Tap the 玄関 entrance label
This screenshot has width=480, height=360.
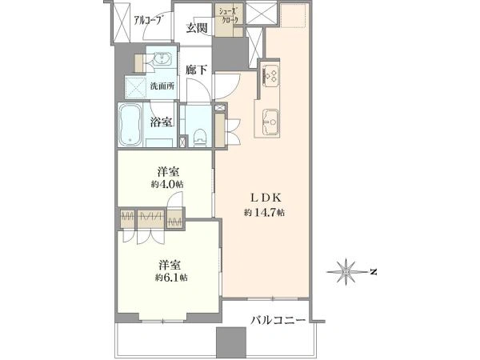(x=197, y=28)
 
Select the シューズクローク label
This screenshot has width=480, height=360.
(x=229, y=16)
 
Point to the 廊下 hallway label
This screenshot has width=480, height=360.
(x=196, y=70)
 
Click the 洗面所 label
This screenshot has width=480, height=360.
(x=162, y=86)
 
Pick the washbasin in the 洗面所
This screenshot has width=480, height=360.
(x=162, y=58)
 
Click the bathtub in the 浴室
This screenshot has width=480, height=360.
(x=130, y=125)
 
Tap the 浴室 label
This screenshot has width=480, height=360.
(x=161, y=122)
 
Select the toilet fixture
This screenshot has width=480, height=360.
(x=200, y=137)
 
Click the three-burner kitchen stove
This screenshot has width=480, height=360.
(x=270, y=75)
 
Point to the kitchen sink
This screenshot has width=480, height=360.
(x=270, y=122)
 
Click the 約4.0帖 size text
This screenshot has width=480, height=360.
(x=167, y=184)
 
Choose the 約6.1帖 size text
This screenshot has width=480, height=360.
(x=171, y=278)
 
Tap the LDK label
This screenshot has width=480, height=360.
(x=266, y=198)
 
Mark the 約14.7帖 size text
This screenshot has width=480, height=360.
(x=264, y=212)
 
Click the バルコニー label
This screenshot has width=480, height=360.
(x=278, y=321)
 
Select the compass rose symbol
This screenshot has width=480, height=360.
(x=346, y=272)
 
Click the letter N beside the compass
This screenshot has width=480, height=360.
(x=373, y=272)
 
